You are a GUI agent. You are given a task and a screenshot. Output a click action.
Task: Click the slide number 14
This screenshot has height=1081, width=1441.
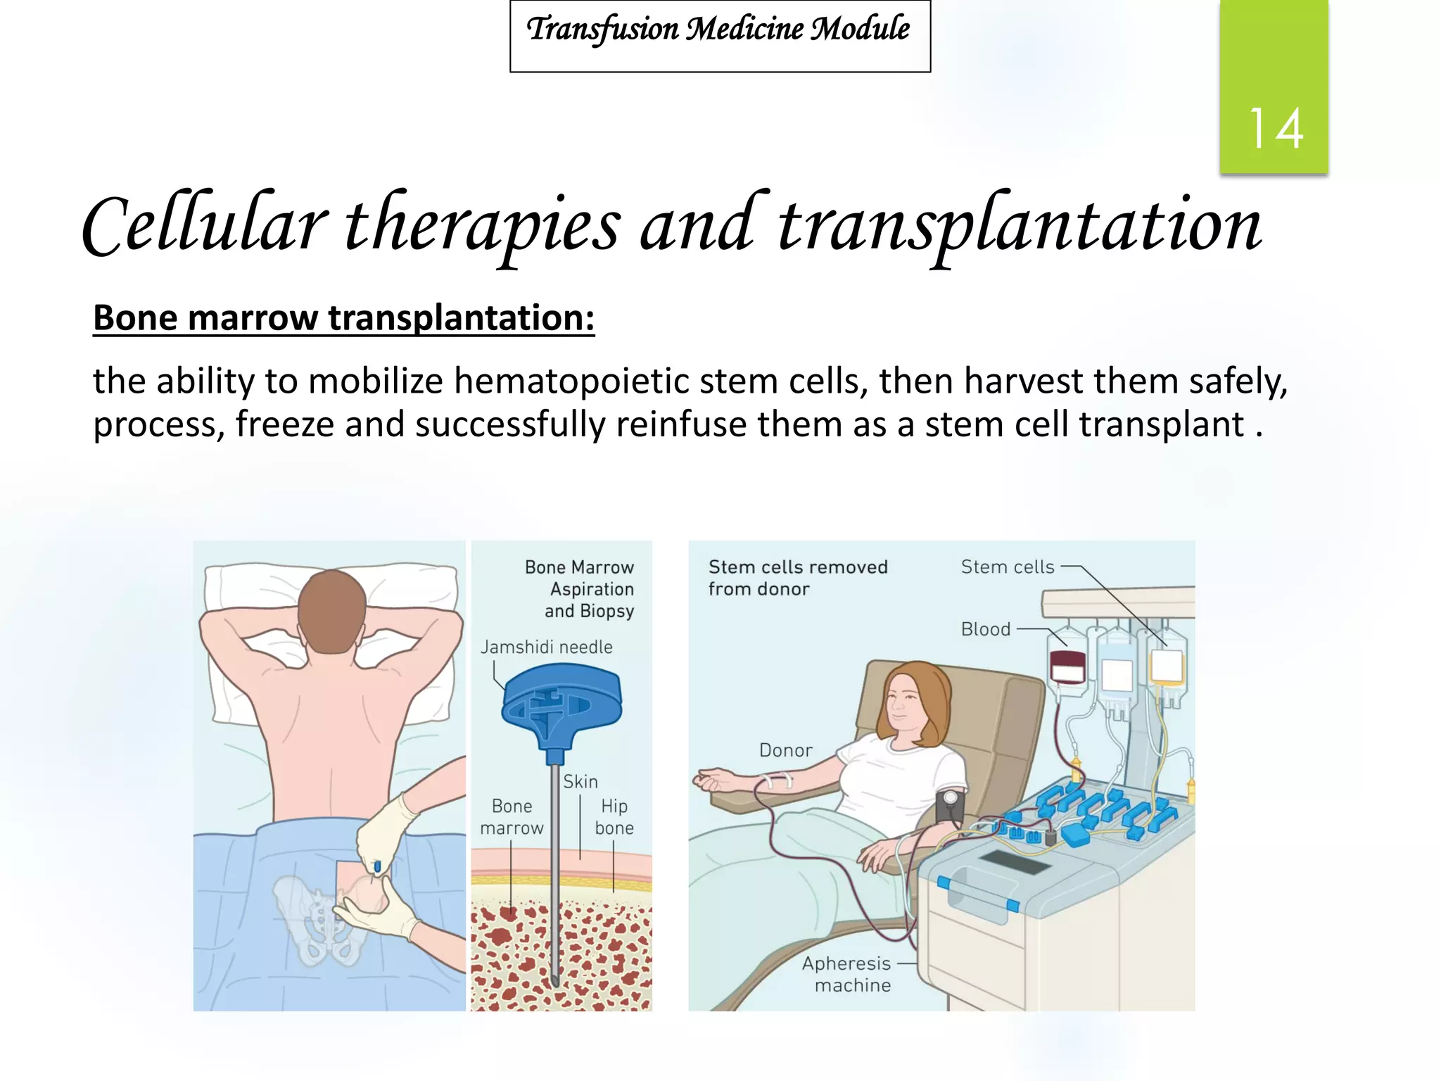[1275, 128]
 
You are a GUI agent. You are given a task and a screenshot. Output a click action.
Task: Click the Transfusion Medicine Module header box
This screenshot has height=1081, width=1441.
[720, 35]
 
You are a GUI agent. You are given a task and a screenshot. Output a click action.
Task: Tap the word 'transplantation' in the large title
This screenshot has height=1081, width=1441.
[1020, 225]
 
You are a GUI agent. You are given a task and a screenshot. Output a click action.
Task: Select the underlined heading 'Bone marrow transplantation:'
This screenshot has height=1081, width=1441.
[343, 318]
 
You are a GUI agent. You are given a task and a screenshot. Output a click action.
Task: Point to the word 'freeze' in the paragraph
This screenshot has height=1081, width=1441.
[285, 425]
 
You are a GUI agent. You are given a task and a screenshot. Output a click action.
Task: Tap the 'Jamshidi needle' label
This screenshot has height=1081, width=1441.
[546, 647]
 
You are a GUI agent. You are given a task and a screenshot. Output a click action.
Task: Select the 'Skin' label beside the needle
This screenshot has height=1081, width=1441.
[580, 782]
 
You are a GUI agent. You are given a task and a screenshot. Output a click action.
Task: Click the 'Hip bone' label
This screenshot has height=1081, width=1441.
[614, 817]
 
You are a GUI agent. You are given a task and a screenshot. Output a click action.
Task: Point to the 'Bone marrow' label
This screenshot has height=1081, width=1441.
[512, 817]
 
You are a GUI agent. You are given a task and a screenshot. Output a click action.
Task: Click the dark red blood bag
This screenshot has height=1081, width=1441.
[1067, 666]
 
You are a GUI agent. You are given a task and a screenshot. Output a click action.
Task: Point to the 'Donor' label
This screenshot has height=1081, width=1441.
[785, 750]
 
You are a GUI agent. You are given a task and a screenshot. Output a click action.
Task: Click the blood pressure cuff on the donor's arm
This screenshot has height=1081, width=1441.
[949, 807]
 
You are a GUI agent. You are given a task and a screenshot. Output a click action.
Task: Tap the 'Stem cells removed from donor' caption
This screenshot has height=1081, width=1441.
[797, 578]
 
